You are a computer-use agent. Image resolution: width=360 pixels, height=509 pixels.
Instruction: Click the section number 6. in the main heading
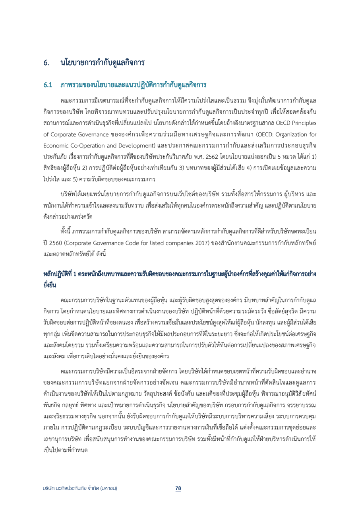[x=46, y=63]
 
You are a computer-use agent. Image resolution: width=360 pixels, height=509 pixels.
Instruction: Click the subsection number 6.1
[x=48, y=85]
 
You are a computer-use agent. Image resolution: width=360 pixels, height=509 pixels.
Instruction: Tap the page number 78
[x=178, y=488]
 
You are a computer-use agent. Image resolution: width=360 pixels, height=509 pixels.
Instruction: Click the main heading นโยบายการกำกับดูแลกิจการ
[x=102, y=63]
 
